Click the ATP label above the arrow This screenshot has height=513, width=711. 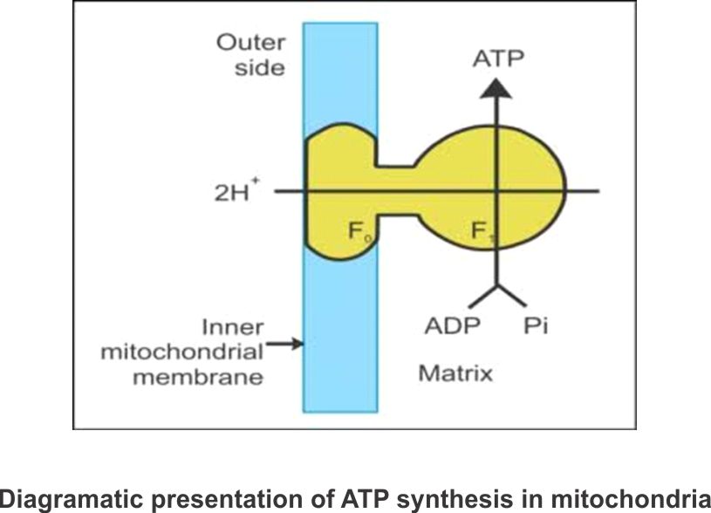click(497, 58)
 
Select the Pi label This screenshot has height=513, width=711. click(536, 326)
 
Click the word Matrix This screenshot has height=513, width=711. click(455, 373)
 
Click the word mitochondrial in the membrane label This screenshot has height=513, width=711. click(182, 353)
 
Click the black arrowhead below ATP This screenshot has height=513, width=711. click(496, 85)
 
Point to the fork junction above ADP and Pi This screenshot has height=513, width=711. click(496, 285)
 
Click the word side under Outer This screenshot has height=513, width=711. click(259, 67)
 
